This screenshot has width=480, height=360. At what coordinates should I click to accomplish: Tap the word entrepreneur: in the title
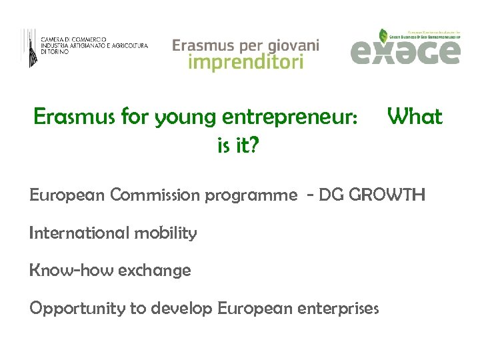(305, 119)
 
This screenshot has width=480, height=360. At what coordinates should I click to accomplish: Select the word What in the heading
(415, 117)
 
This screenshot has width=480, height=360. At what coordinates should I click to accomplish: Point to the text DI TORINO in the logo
(55, 51)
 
